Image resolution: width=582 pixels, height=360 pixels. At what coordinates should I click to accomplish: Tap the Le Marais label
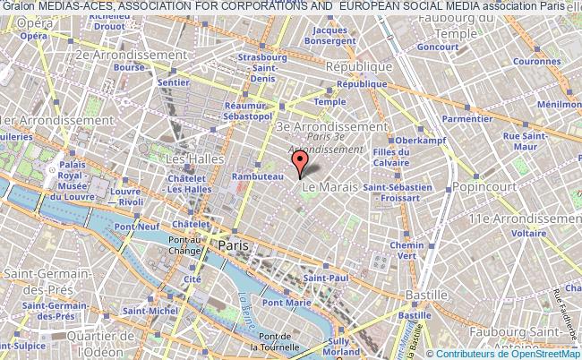pyautogui.click(x=330, y=186)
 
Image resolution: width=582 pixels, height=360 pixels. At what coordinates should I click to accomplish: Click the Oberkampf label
pyautogui.click(x=415, y=141)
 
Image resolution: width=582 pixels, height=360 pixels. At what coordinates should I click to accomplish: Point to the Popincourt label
pyautogui.click(x=479, y=186)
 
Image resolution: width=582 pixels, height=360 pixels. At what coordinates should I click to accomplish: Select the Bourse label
pyautogui.click(x=130, y=67)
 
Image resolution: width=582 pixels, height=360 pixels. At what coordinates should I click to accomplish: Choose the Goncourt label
pyautogui.click(x=438, y=46)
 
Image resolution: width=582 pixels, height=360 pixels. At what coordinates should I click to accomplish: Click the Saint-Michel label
pyautogui.click(x=145, y=311)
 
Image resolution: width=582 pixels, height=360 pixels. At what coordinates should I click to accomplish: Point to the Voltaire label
pyautogui.click(x=528, y=233)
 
